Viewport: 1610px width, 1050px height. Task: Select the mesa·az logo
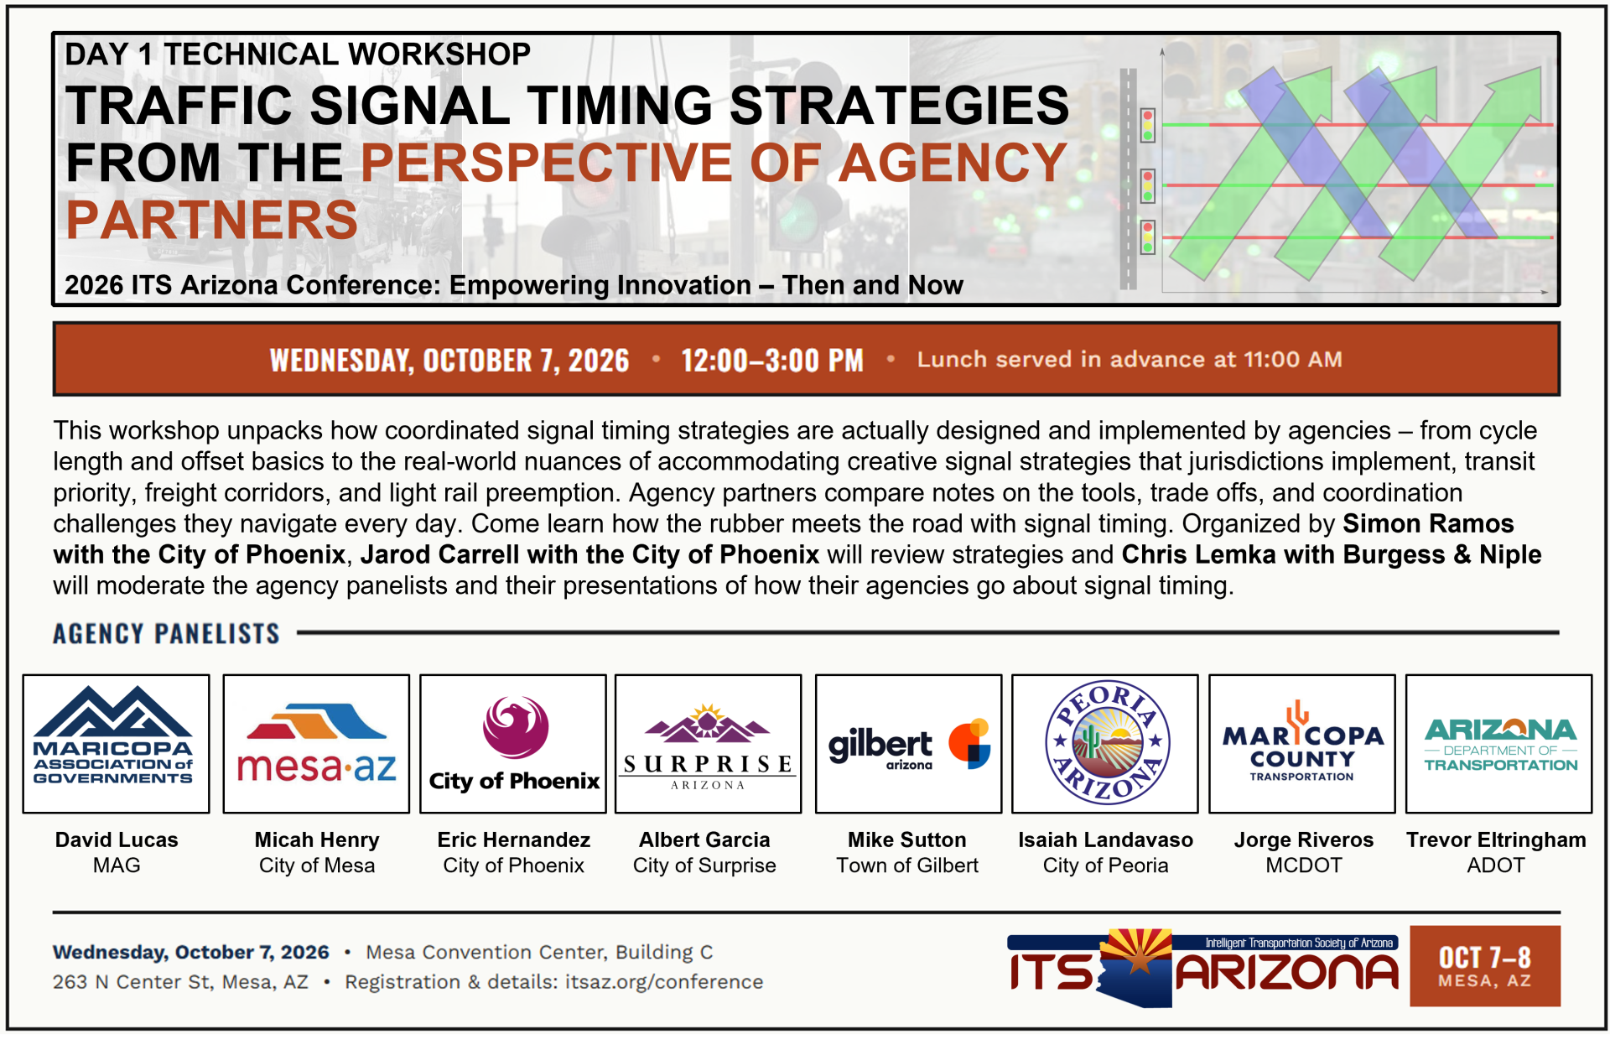(x=316, y=742)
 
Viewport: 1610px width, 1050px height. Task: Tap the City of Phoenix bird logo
(x=514, y=743)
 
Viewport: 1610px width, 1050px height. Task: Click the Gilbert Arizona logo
(x=909, y=745)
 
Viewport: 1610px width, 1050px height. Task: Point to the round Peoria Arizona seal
(x=1107, y=742)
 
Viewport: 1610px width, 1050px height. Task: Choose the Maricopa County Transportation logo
(x=1302, y=742)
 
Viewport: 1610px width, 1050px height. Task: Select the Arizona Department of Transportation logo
(x=1500, y=745)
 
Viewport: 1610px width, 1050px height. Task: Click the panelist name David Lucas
(x=117, y=839)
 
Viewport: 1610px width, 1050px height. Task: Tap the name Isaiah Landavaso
(x=1105, y=839)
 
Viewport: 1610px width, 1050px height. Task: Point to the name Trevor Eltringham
(x=1496, y=840)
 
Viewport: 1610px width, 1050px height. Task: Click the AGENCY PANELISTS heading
(x=166, y=633)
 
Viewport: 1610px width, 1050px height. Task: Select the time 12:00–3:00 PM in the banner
(x=771, y=361)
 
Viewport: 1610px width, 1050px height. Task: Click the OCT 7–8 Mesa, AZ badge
(x=1485, y=966)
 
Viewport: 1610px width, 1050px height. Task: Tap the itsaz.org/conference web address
(x=664, y=982)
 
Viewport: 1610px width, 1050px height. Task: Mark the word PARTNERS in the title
(x=211, y=220)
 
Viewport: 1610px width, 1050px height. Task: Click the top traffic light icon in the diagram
(x=1148, y=125)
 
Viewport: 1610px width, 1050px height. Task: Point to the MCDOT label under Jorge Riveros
(x=1304, y=865)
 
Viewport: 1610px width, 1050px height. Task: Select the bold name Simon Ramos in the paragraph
(x=1428, y=523)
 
